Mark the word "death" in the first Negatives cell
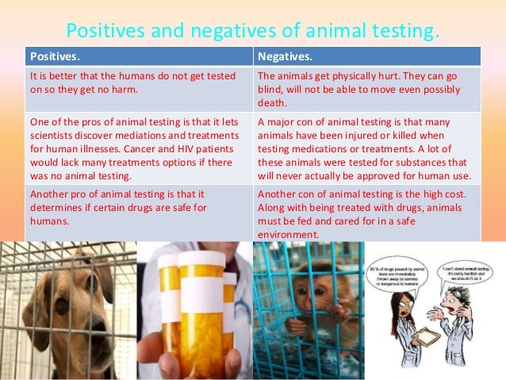273,103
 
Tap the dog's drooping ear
38,317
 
